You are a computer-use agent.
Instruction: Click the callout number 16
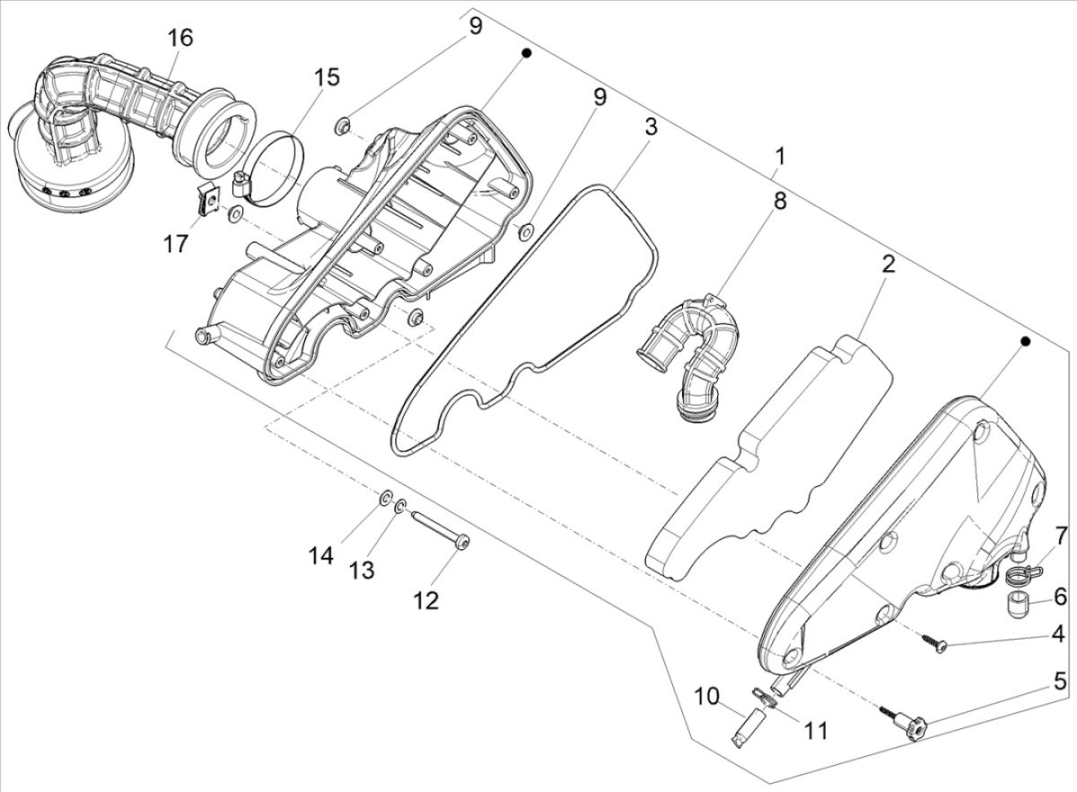pyautogui.click(x=179, y=38)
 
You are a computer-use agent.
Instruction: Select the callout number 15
pyautogui.click(x=327, y=77)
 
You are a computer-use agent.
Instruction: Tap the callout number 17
pyautogui.click(x=177, y=243)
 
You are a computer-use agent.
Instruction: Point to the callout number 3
pyautogui.click(x=650, y=126)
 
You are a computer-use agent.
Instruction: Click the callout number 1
pyautogui.click(x=780, y=156)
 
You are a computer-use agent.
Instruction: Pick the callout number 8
pyautogui.click(x=780, y=200)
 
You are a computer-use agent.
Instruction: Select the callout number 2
pyautogui.click(x=888, y=265)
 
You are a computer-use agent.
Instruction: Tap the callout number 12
pyautogui.click(x=425, y=600)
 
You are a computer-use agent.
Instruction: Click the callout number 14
pyautogui.click(x=320, y=556)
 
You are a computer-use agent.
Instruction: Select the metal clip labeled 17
pyautogui.click(x=210, y=197)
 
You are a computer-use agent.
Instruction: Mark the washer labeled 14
pyautogui.click(x=386, y=497)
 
